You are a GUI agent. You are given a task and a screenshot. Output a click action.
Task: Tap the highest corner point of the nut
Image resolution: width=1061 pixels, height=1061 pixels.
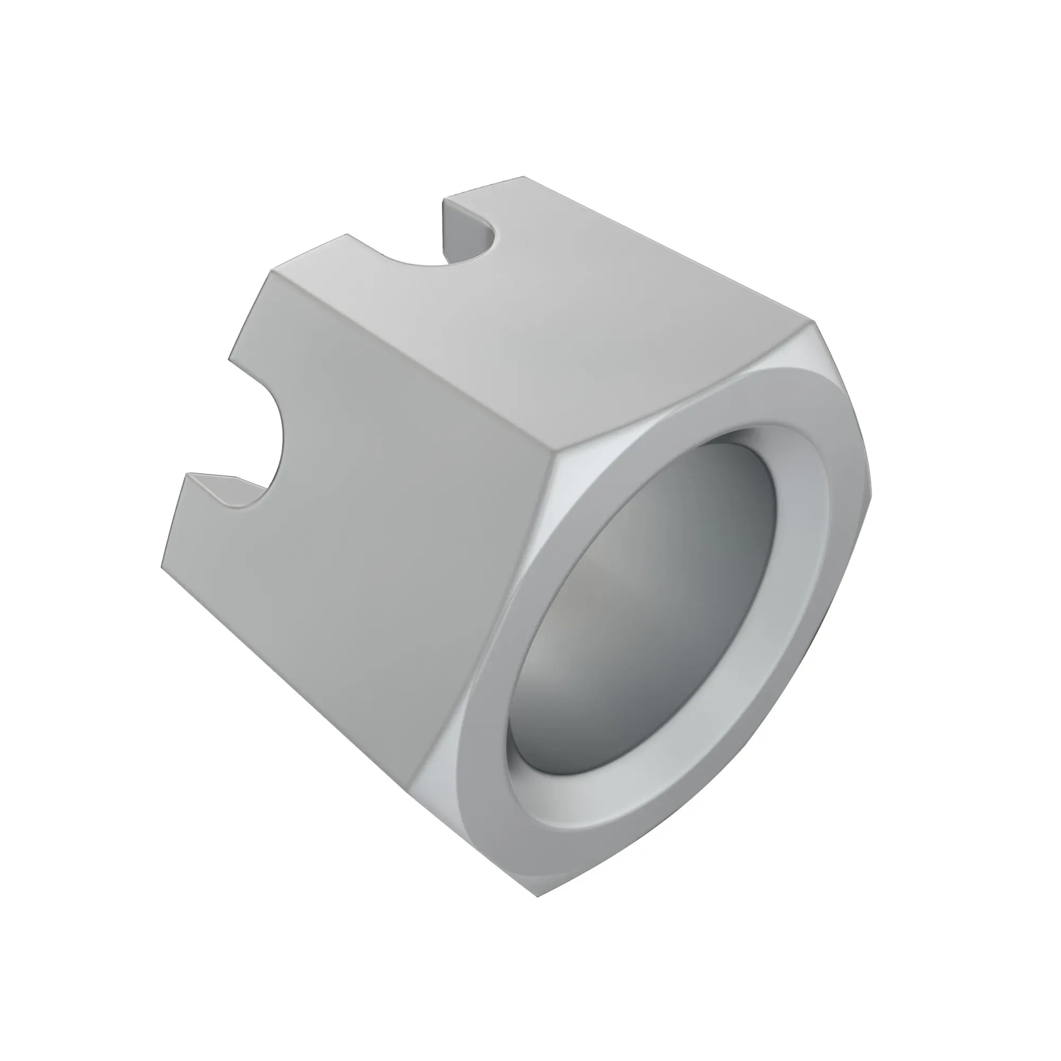pyautogui.click(x=524, y=177)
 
